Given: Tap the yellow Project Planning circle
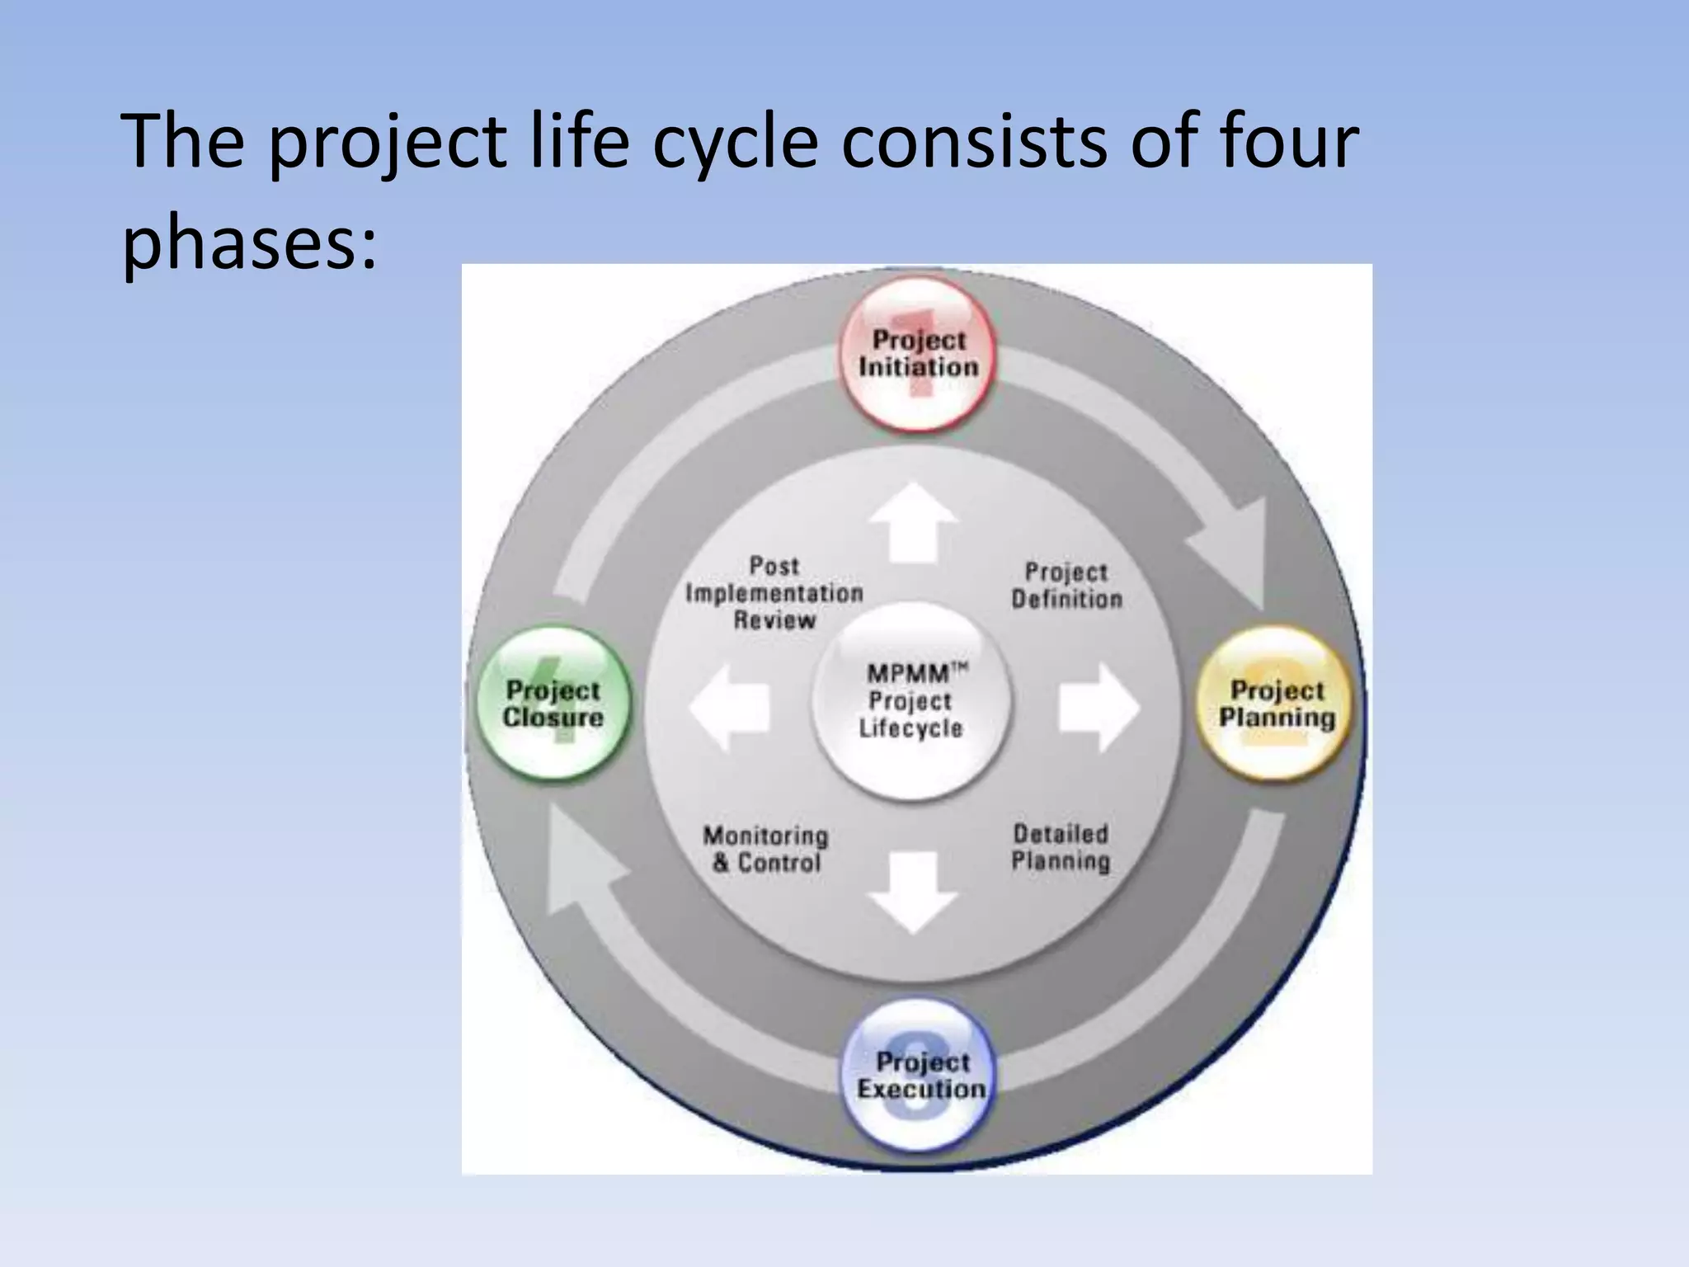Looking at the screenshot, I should (1277, 704).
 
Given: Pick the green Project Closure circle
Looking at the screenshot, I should (553, 704).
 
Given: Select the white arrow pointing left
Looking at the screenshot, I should (729, 708).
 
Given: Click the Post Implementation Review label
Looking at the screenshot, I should (774, 593).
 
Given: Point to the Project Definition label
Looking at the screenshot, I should (1066, 586).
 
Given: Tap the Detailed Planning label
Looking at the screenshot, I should (1061, 848).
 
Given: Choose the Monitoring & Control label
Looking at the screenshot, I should (765, 850).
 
